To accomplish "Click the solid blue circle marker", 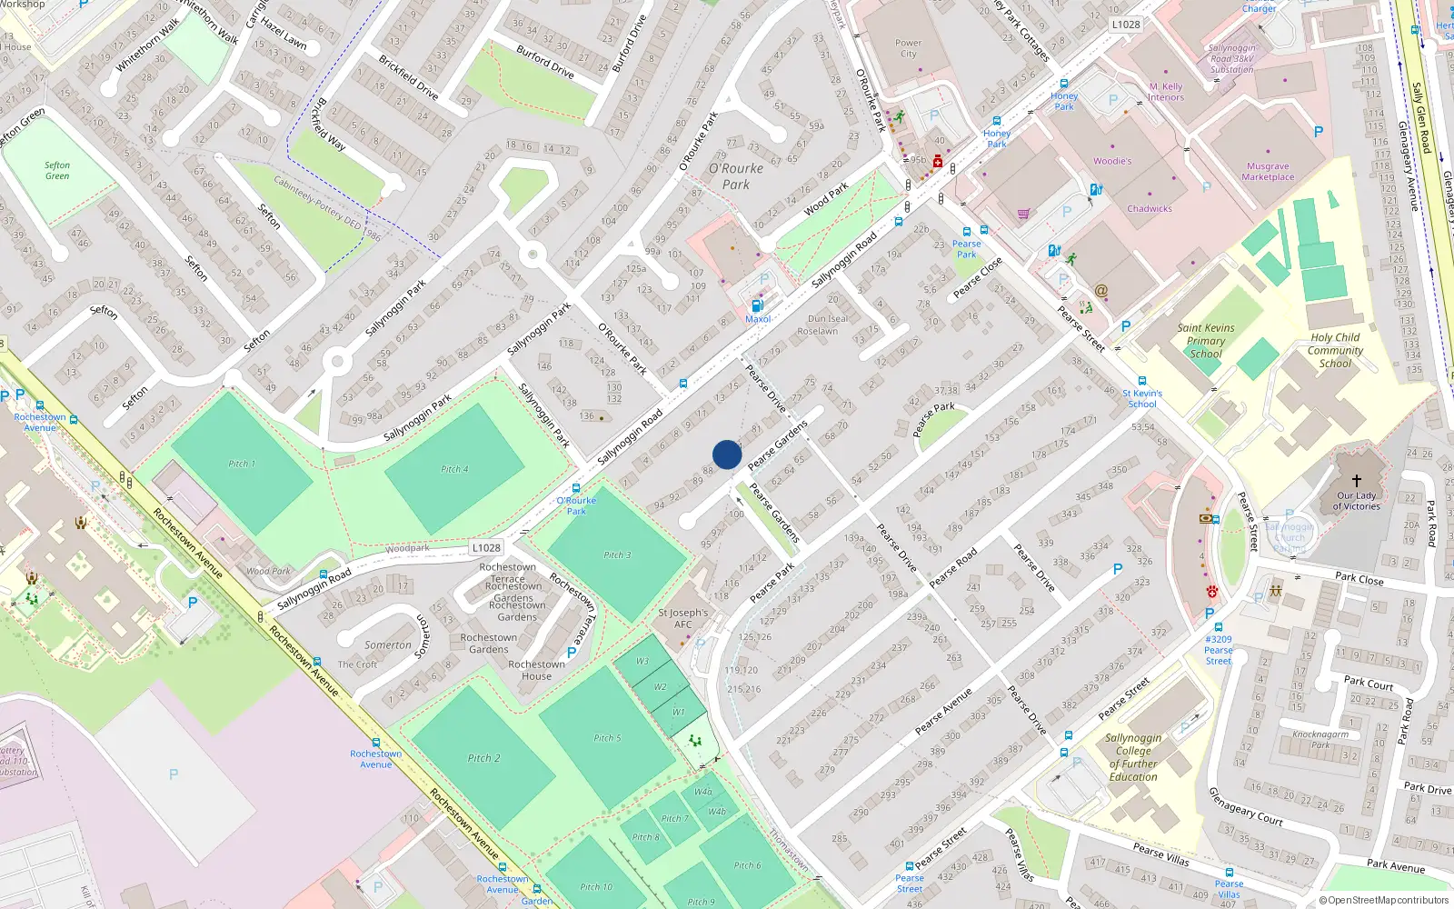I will click(727, 454).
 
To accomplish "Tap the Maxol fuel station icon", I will click(757, 305).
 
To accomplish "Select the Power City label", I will click(908, 48).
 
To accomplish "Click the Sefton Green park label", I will click(57, 170).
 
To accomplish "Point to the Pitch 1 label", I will click(242, 464).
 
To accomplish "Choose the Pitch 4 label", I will click(454, 469).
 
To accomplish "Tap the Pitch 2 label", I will click(484, 758).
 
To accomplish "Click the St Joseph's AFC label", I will click(682, 618).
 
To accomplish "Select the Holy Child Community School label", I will click(1335, 350).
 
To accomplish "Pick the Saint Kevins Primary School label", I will click(1206, 341).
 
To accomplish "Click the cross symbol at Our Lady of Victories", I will click(1357, 480).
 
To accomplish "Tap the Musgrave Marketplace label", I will click(1268, 172).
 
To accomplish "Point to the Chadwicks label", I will click(1150, 209).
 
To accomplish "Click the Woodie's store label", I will click(1112, 161).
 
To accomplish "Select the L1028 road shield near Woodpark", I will click(486, 548).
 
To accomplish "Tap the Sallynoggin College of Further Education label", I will click(1133, 757).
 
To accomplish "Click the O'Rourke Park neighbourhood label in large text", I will click(736, 176).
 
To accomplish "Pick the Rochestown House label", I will click(536, 670).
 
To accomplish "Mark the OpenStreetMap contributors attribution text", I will click(1384, 901).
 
